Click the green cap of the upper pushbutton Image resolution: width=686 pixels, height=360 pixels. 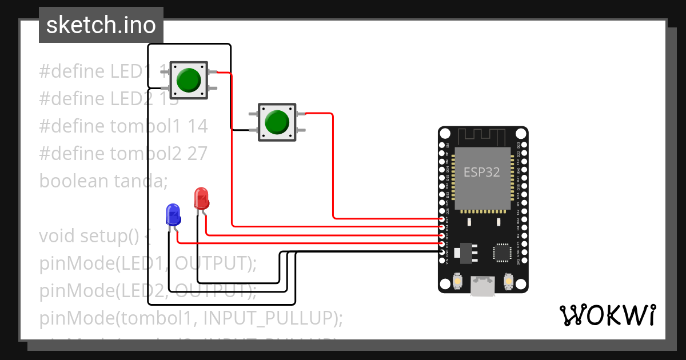click(188, 80)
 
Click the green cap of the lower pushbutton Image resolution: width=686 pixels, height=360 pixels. click(277, 122)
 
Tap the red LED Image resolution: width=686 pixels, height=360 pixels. click(201, 199)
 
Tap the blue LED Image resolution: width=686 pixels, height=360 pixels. click(173, 215)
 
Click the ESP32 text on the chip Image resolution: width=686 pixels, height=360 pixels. click(481, 172)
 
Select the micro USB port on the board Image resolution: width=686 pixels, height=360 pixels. click(483, 285)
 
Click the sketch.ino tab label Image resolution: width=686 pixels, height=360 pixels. click(101, 25)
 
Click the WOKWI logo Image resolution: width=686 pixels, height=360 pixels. click(607, 315)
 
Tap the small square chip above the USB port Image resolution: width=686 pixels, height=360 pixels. click(502, 252)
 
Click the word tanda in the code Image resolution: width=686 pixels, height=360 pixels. click(141, 181)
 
